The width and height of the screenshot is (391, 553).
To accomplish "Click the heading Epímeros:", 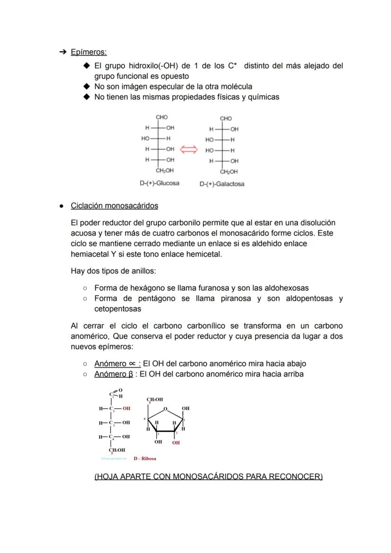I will coord(88,52).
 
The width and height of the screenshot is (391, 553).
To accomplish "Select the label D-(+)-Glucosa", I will coord(159,183).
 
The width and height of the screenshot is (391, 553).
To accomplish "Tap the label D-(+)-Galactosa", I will coord(222,184).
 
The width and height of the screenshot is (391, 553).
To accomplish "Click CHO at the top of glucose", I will coord(161,117).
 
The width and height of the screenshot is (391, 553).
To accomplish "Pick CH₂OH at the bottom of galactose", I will coord(229,172).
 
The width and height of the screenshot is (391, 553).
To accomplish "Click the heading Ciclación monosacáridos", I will coord(114,206).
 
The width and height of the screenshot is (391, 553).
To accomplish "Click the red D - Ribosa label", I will coord(145,458).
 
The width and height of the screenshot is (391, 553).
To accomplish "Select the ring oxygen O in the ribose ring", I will coord(165,408).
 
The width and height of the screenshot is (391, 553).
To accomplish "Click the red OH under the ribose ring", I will coord(176,443).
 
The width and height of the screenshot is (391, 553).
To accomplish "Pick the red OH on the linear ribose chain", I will coord(126,408).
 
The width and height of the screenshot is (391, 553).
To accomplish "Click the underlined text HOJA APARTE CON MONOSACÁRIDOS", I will coord(208,477).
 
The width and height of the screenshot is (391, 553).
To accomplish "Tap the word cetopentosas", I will coord(118,309).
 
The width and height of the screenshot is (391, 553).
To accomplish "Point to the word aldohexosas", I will coord(288,288).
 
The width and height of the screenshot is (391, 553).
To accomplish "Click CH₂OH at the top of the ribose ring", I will coord(155,400).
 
